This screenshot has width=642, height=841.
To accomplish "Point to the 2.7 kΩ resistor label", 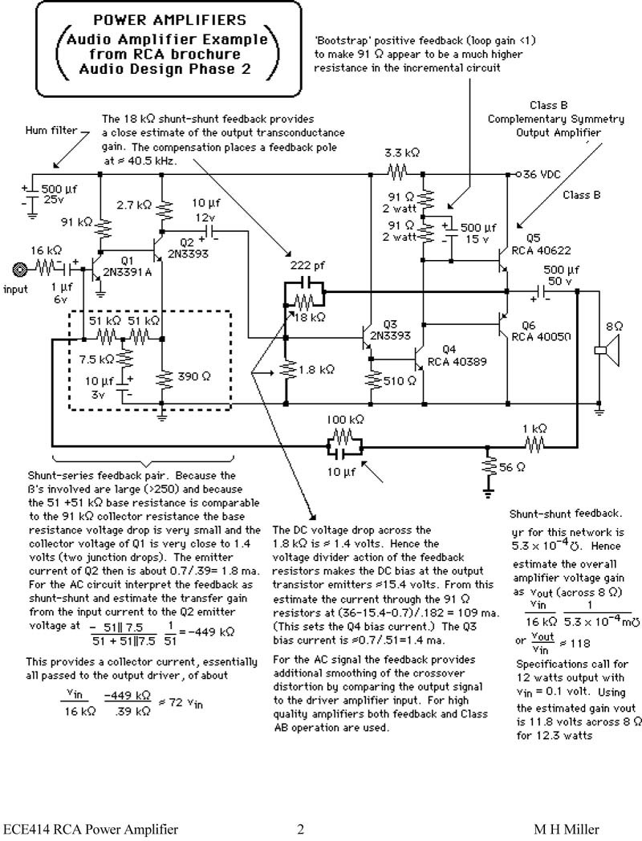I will tap(130, 205).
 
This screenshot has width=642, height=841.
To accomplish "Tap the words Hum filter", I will tap(51, 130).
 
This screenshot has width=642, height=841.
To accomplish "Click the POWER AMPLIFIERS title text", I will tap(158, 19).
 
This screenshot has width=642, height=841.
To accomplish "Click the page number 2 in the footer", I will tap(301, 830).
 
